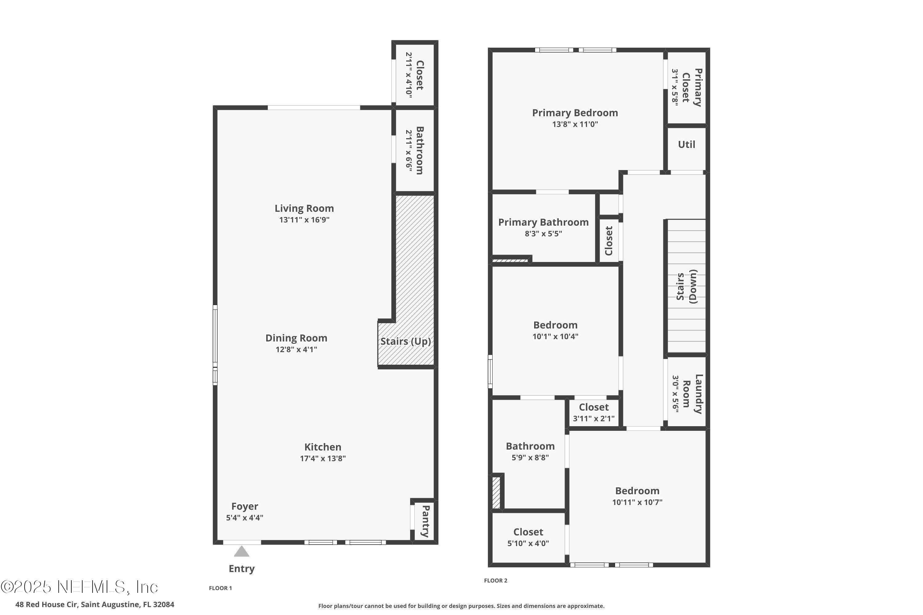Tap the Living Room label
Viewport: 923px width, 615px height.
point(304,208)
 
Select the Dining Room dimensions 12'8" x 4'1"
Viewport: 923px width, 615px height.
point(296,349)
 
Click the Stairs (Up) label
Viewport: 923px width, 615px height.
point(406,341)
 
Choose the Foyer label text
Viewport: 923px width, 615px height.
point(245,506)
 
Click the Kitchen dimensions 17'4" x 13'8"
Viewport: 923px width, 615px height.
point(322,458)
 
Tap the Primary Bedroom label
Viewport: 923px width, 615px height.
point(575,113)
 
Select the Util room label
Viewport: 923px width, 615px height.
point(686,144)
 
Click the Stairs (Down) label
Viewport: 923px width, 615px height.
point(686,286)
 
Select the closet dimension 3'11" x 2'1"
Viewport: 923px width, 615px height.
point(593,419)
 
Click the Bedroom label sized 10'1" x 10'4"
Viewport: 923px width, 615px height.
point(555,325)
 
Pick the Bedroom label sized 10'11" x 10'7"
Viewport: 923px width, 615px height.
point(637,491)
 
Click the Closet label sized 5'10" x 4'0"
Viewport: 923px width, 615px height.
point(528,532)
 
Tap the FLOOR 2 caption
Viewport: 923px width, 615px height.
point(495,581)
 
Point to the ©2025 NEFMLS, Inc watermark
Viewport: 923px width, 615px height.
point(79,587)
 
